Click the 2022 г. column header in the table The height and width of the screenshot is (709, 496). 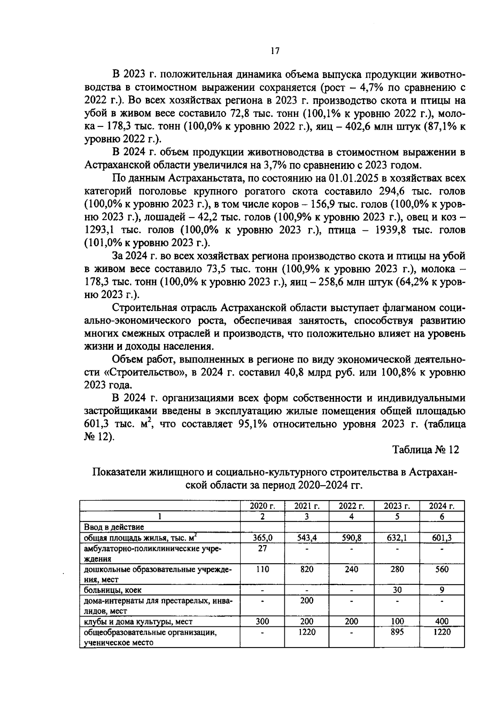pyautogui.click(x=351, y=506)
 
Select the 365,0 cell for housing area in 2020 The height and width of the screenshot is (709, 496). pyautogui.click(x=262, y=538)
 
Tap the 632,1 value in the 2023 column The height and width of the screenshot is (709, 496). pyautogui.click(x=396, y=538)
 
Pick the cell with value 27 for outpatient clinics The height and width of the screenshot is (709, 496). pyautogui.click(x=262, y=548)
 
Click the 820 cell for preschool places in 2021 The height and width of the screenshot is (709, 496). pyautogui.click(x=307, y=569)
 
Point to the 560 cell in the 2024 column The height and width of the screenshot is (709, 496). pyautogui.click(x=441, y=569)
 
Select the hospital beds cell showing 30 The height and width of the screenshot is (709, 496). pyautogui.click(x=396, y=590)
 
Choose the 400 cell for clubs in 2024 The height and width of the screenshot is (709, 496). pyautogui.click(x=441, y=621)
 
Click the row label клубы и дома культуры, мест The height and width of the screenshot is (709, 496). pyautogui.click(x=138, y=621)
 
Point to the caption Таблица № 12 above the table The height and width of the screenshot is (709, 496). pyautogui.click(x=425, y=450)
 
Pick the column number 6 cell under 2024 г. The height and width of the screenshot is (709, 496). pyautogui.click(x=441, y=517)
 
